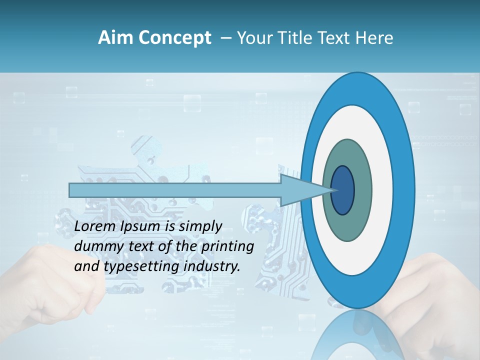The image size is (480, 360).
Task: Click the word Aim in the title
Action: [112, 38]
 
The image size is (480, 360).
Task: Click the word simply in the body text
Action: [200, 226]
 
